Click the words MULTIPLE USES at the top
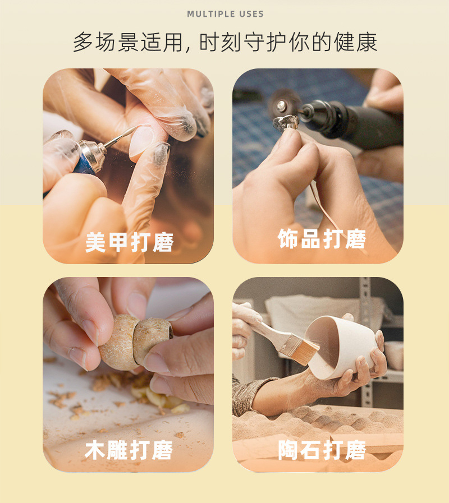click(x=225, y=14)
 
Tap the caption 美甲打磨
click(x=130, y=242)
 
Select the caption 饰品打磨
click(x=322, y=239)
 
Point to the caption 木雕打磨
click(x=129, y=450)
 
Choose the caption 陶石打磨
click(x=322, y=450)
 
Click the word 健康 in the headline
click(x=355, y=42)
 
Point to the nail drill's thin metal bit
click(x=121, y=137)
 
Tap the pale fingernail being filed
click(x=141, y=141)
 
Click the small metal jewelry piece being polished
click(x=285, y=123)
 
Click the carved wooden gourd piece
click(x=135, y=342)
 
